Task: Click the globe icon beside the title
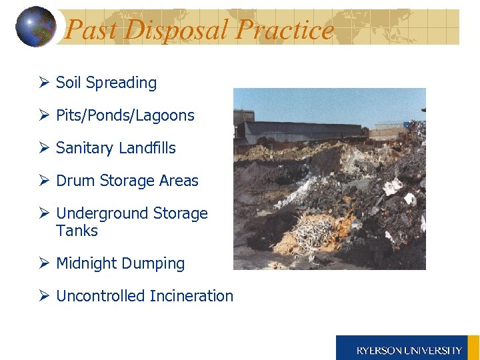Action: coord(35,27)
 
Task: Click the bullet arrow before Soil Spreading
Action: coord(44,83)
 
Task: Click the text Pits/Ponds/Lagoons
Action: coord(125,115)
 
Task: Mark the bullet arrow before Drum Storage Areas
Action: coord(44,181)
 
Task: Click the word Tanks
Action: coord(77,231)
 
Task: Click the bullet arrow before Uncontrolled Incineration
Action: coord(44,296)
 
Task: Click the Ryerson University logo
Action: coord(407,348)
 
